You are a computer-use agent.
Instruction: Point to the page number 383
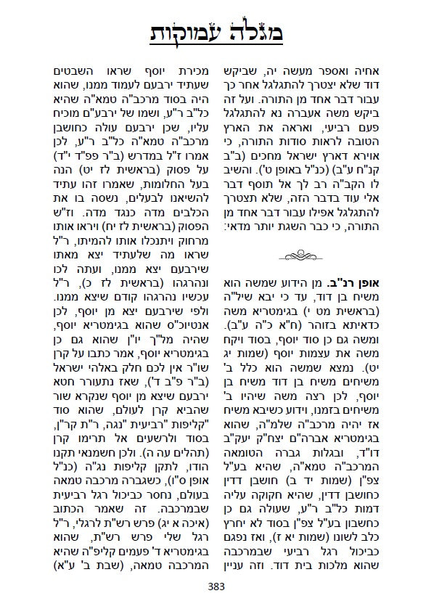217,587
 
